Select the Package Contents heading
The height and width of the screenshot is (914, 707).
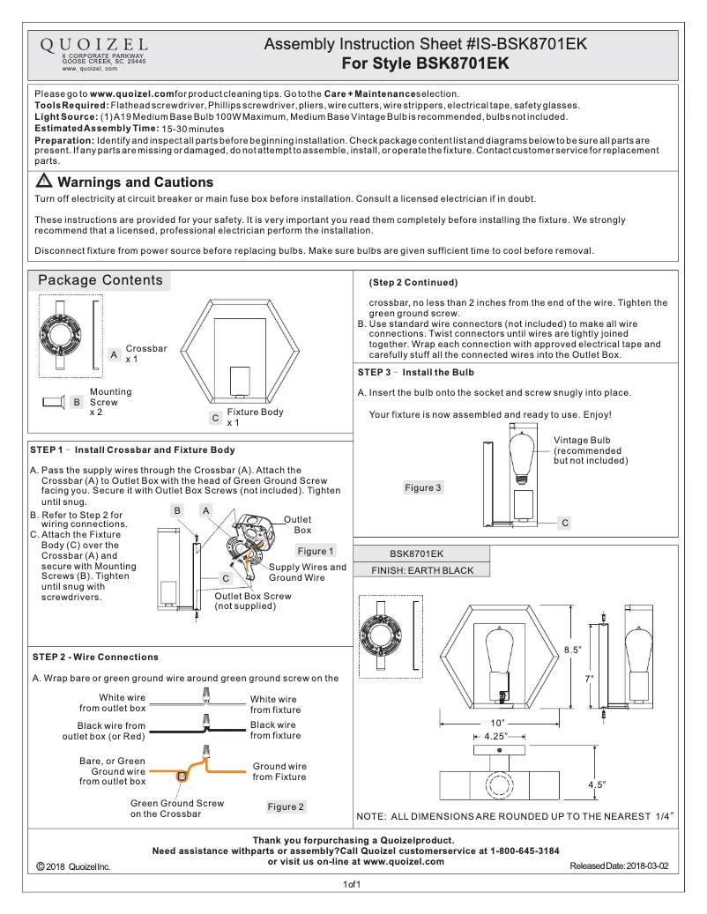coord(100,280)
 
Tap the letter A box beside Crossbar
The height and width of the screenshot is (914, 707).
coord(115,353)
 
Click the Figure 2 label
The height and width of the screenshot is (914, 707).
coord(286,806)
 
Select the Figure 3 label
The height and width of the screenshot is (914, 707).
coord(423,487)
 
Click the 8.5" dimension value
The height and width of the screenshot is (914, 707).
coord(573,650)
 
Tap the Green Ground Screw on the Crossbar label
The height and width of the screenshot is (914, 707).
coord(177,808)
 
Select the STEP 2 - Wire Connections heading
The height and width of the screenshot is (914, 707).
coord(95,657)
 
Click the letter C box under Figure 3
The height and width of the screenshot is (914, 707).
coord(565,523)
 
